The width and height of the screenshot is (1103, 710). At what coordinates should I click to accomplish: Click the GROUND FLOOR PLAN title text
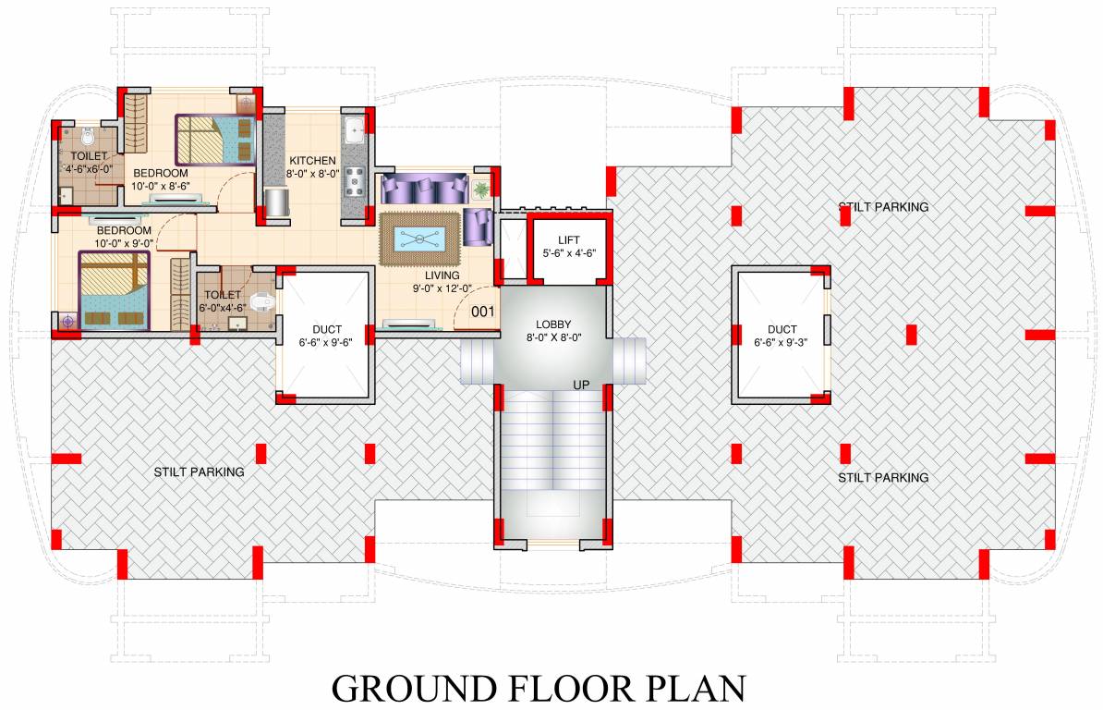tap(539, 689)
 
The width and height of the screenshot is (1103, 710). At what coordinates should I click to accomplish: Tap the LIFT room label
tap(569, 239)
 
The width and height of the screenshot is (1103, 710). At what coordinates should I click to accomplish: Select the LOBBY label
tap(554, 324)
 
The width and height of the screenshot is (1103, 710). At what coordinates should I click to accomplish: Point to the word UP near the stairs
tap(582, 384)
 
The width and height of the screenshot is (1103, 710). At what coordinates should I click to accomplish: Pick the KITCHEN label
tap(311, 160)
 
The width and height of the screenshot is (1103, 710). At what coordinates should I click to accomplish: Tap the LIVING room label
tap(442, 275)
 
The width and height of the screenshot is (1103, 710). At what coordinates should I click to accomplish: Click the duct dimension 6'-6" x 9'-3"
tap(782, 342)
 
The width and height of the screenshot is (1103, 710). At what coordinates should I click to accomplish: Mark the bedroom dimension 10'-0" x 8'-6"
tap(161, 186)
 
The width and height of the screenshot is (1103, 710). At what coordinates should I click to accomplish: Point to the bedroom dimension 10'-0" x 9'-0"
tap(124, 243)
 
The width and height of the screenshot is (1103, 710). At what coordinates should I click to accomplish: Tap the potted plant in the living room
tap(481, 190)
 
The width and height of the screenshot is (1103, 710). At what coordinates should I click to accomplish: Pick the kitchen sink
tap(355, 130)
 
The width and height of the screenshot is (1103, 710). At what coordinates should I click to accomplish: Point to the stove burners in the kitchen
tap(355, 182)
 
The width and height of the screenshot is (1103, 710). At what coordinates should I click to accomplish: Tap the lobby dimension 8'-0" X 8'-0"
tap(554, 337)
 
